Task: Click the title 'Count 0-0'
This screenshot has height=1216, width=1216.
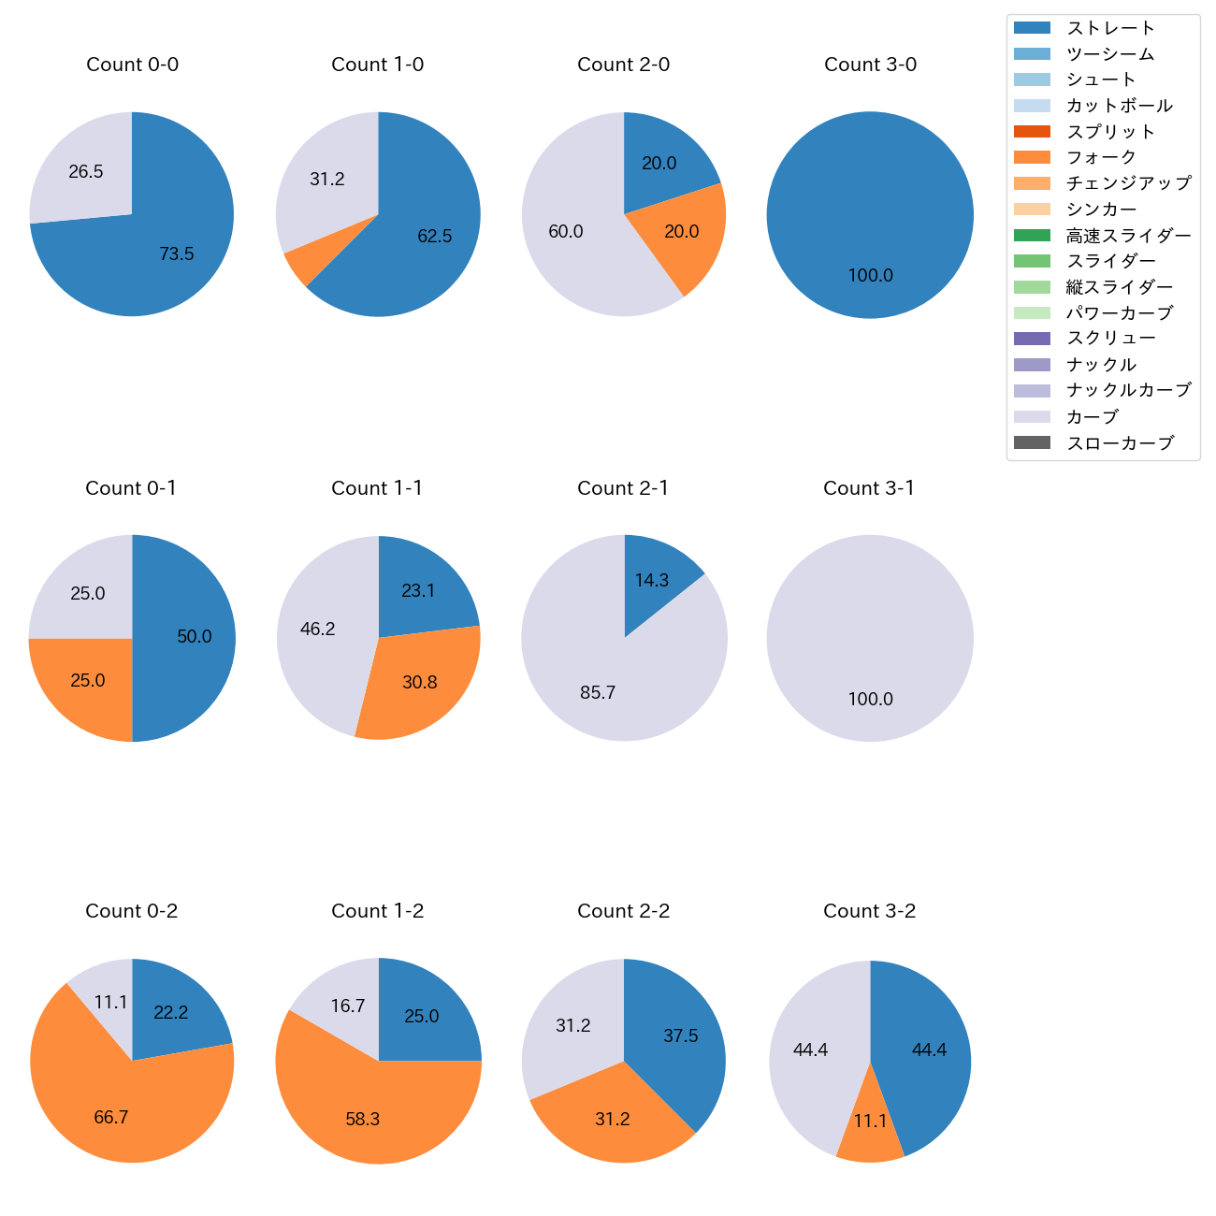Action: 132,65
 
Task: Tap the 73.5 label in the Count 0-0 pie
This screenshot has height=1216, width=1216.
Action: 177,253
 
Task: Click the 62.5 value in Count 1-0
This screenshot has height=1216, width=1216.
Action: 435,237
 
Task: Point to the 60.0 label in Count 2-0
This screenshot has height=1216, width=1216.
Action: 566,232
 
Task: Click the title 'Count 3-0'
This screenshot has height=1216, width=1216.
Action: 870,65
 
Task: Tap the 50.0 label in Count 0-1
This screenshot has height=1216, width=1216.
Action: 195,637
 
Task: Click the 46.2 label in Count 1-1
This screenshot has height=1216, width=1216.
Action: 318,630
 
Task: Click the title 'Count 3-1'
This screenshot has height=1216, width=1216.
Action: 869,488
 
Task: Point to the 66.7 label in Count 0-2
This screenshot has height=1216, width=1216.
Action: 111,1118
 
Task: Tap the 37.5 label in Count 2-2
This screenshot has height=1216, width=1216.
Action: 681,1036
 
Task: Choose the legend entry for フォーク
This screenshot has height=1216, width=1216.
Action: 1101,157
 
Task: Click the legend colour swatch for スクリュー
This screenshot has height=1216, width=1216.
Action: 1032,339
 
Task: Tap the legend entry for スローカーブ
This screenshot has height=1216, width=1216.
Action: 1120,443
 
